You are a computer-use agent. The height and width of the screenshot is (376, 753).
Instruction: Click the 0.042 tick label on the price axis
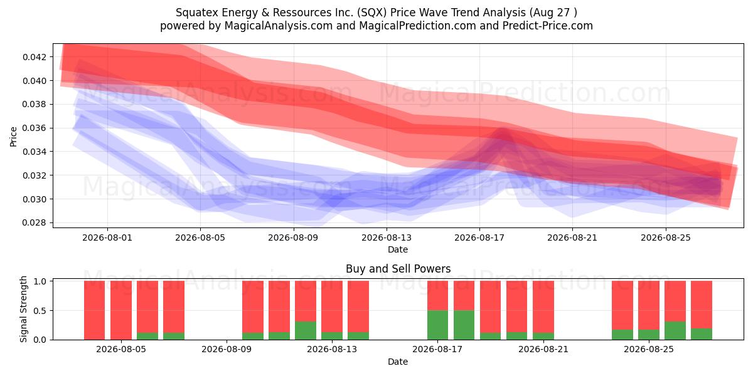[34, 57]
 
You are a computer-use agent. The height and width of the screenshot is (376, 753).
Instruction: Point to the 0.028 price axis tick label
[34, 223]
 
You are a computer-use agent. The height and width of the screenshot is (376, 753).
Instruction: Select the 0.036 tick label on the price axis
[34, 128]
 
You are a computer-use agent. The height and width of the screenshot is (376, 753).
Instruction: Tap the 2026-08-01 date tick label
[107, 238]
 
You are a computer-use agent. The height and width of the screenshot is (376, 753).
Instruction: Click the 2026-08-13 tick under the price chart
[387, 238]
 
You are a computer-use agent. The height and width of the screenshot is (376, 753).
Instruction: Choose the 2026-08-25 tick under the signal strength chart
[649, 350]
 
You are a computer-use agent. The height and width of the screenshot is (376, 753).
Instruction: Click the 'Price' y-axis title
[13, 137]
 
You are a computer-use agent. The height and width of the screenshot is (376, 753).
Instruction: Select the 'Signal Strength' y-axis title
[23, 309]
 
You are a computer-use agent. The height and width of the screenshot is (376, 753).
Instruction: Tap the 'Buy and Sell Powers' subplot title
[398, 269]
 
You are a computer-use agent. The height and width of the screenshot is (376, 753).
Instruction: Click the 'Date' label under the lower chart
[398, 362]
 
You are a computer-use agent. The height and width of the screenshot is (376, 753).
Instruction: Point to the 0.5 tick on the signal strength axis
[40, 311]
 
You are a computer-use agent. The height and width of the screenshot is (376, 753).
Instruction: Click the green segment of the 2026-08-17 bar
[438, 325]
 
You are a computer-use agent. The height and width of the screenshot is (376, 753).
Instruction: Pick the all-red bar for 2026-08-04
[95, 310]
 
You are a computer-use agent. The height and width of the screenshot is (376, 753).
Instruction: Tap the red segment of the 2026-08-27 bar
[702, 305]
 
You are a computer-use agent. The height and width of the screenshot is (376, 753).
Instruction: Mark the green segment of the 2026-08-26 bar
[675, 331]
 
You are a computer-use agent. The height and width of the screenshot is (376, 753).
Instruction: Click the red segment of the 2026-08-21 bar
[543, 307]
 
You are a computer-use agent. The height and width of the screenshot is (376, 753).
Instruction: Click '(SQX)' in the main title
[371, 13]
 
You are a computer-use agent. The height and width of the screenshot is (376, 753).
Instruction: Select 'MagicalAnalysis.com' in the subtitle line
[279, 26]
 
